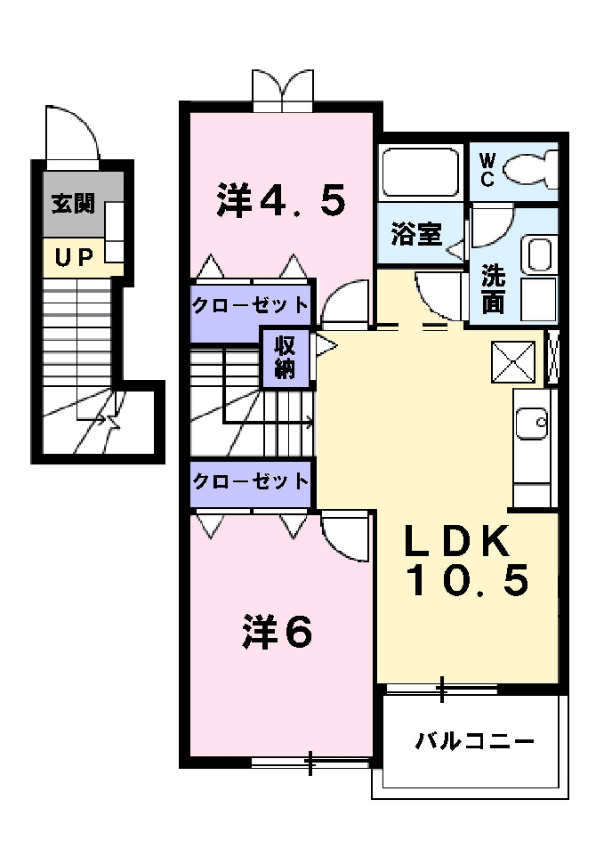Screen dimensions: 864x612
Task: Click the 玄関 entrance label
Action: (72, 204)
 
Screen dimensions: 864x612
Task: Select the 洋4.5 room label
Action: (280, 200)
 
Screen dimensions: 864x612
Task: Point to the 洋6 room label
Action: (278, 632)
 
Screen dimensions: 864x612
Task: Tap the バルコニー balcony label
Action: (475, 740)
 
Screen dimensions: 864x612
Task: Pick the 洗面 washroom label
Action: (493, 288)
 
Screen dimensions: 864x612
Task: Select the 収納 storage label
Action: (285, 358)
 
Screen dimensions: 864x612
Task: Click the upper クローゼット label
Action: (251, 304)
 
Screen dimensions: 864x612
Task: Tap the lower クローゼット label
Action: (251, 481)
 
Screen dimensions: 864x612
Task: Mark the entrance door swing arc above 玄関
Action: (74, 133)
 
